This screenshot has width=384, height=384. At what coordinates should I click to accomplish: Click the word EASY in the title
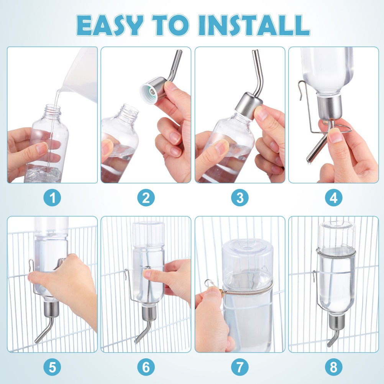pyautogui.click(x=110, y=25)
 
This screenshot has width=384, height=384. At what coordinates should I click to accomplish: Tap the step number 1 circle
pyautogui.click(x=52, y=198)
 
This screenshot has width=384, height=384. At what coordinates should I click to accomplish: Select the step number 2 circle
pyautogui.click(x=146, y=198)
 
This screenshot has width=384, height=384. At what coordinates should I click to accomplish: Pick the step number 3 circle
pyautogui.click(x=240, y=198)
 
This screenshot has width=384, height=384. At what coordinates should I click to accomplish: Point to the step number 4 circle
pyautogui.click(x=333, y=198)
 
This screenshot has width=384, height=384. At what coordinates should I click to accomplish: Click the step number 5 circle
pyautogui.click(x=52, y=368)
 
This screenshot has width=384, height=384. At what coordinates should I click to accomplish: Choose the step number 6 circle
pyautogui.click(x=146, y=368)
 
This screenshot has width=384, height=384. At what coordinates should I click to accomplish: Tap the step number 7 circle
pyautogui.click(x=240, y=368)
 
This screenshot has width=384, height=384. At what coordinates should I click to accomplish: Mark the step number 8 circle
pyautogui.click(x=333, y=368)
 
